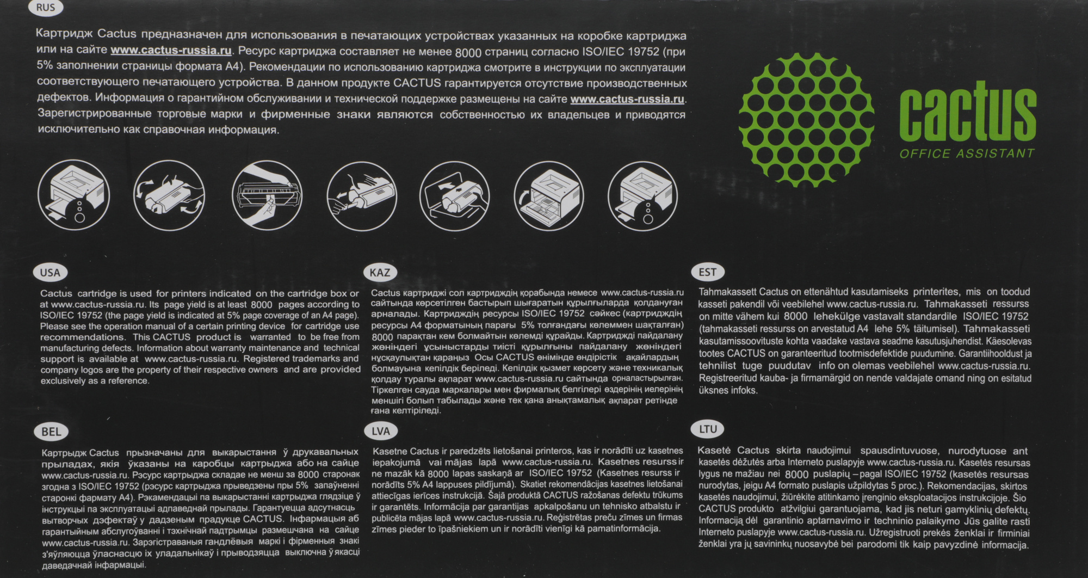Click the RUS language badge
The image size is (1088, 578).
tap(46, 7)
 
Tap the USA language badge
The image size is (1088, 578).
tap(50, 273)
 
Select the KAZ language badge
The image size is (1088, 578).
tap(380, 272)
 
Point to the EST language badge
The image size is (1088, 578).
tap(708, 272)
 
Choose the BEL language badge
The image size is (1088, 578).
tap(51, 432)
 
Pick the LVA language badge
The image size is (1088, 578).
tap(381, 431)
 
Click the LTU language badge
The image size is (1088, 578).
tap(708, 429)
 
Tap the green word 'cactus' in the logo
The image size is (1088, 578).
tap(967, 111)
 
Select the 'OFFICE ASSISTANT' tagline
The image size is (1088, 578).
tap(967, 153)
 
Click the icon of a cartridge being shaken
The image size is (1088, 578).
tap(169, 195)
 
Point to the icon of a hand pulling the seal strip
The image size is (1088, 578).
tap(267, 195)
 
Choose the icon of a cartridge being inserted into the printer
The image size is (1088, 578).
tap(454, 195)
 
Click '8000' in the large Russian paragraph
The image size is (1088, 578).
tap(468, 52)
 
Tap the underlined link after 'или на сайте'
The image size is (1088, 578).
tap(171, 51)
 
